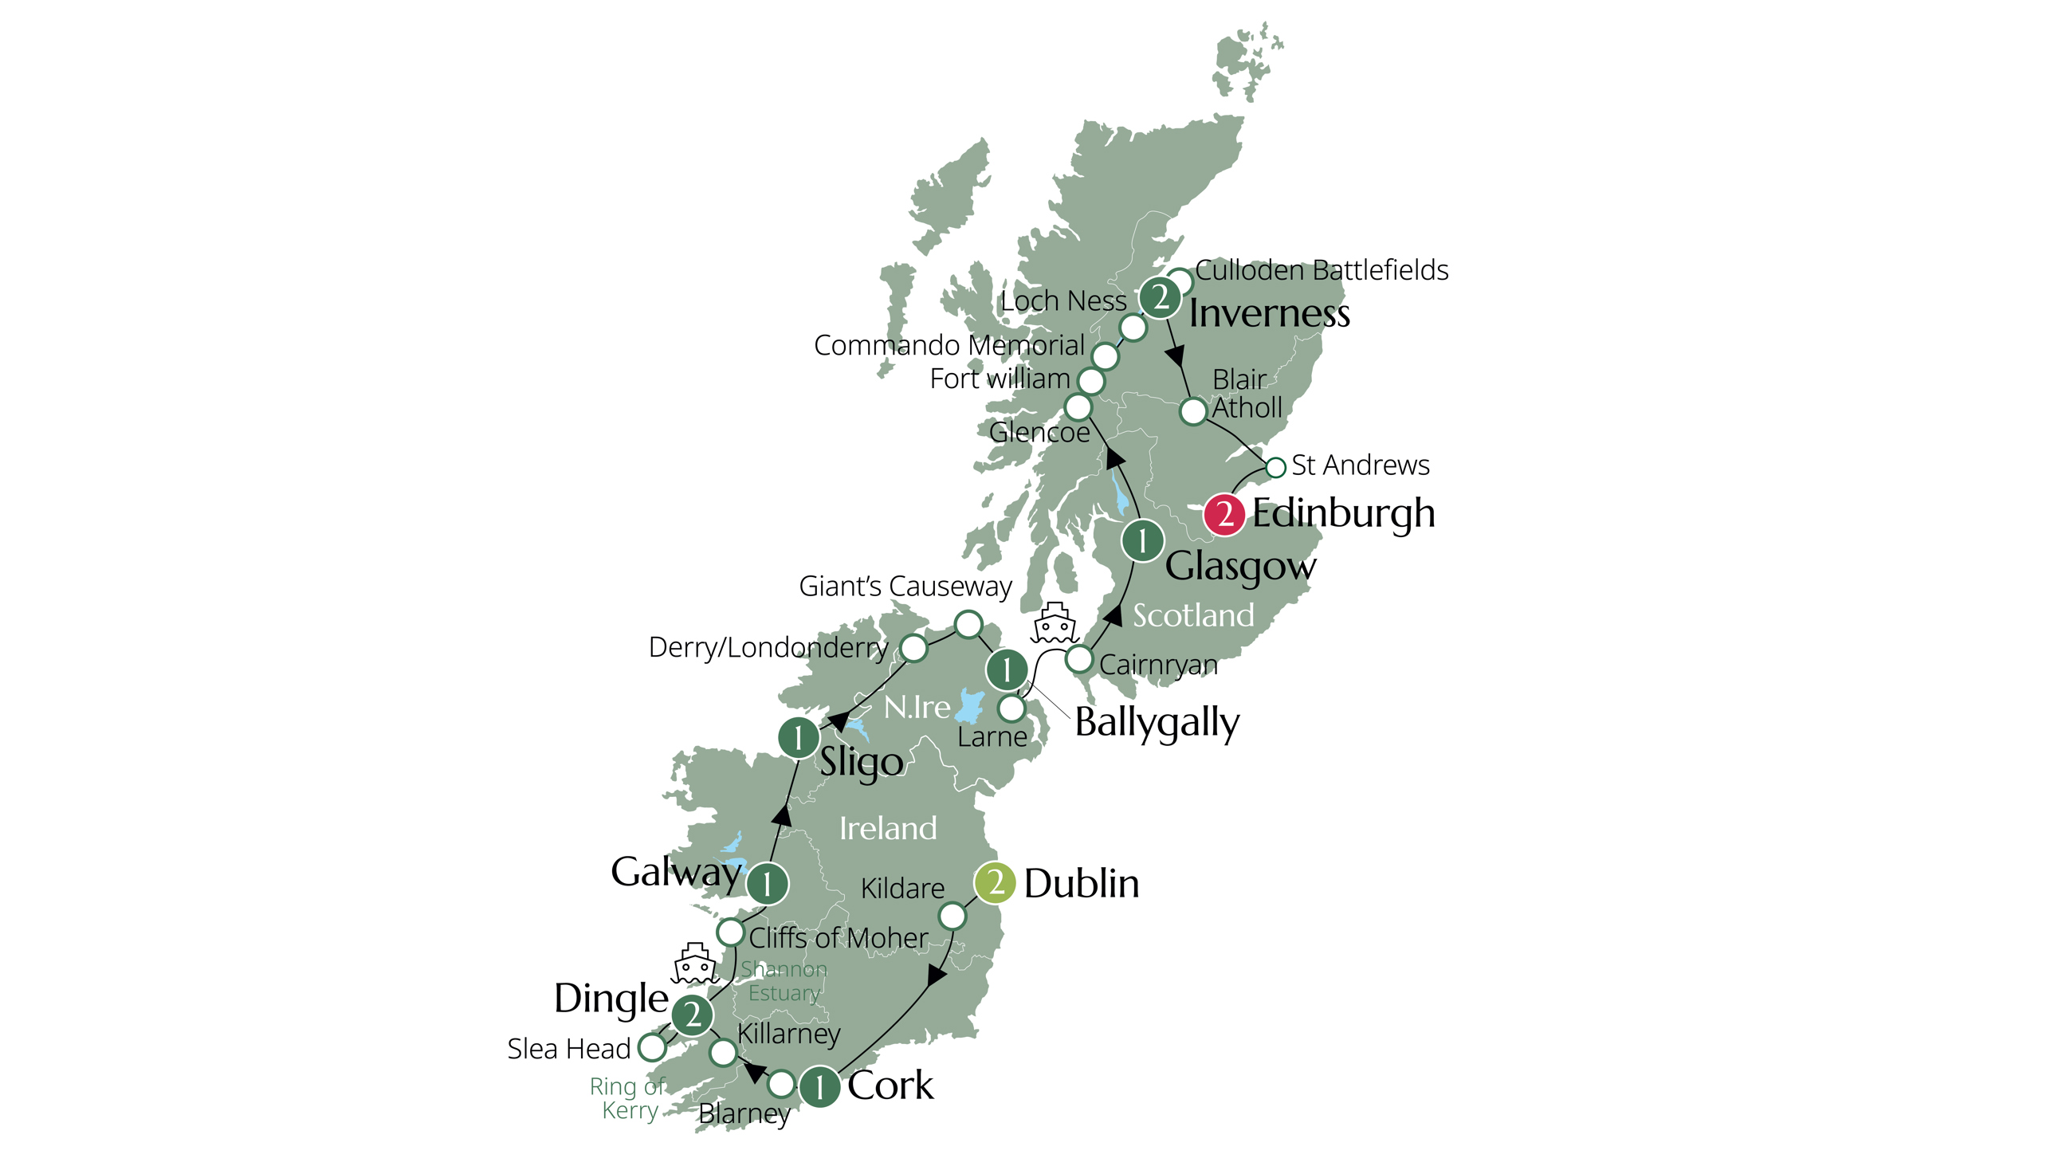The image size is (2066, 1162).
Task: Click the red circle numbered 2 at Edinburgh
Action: point(1223,514)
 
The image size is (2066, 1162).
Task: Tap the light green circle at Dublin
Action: point(995,883)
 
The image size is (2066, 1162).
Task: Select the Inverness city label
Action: point(1269,313)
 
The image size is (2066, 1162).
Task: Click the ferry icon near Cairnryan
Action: point(1054,624)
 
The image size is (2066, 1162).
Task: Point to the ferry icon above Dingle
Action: point(694,963)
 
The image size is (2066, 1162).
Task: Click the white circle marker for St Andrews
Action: point(1275,467)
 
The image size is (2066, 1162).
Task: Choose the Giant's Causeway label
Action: point(905,587)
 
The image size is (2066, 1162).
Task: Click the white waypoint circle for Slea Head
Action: point(652,1046)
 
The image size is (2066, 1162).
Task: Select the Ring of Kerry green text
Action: point(627,1098)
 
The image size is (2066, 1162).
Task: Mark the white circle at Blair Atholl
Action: point(1193,411)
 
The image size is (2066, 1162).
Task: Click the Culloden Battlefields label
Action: point(1321,270)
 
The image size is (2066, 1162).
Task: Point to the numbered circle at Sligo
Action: point(798,738)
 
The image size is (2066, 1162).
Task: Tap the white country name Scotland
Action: point(1192,616)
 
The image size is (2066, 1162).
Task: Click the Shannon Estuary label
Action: point(783,981)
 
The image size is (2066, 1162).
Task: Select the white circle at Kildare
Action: point(952,915)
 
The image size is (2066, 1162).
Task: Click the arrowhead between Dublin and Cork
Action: point(937,976)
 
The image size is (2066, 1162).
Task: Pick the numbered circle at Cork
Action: point(819,1087)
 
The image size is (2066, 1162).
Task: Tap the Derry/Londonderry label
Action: point(768,647)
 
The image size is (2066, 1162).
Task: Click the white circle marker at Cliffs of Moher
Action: point(731,932)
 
